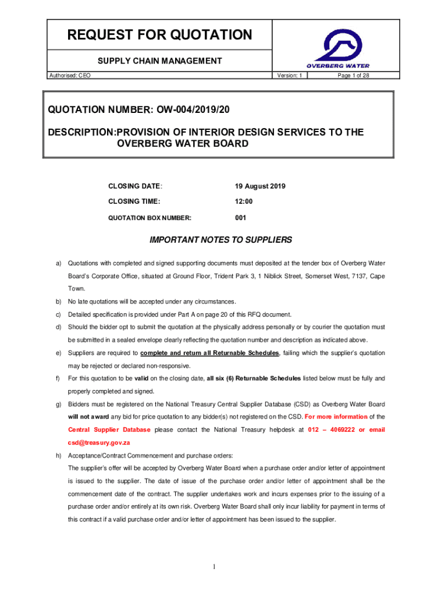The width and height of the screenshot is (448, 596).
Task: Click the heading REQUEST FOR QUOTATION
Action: (160, 35)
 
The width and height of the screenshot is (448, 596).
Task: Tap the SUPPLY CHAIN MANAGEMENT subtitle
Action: (159, 61)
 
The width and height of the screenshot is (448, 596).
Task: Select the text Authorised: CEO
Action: (70, 76)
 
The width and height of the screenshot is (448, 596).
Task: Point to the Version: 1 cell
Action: (289, 76)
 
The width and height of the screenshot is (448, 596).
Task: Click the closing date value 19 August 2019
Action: (260, 186)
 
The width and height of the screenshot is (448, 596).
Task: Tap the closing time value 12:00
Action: (244, 201)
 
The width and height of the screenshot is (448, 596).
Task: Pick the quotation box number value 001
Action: (241, 218)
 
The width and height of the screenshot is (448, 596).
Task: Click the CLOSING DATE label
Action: (135, 186)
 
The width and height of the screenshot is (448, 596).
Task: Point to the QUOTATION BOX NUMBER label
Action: (150, 218)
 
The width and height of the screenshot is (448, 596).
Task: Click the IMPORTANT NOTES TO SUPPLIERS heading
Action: (221, 240)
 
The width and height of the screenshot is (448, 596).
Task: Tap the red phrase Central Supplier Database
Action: (109, 430)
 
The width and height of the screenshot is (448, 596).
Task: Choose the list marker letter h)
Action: (59, 455)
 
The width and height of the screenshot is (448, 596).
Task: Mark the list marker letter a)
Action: (59, 263)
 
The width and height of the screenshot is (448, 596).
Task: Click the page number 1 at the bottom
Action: (214, 567)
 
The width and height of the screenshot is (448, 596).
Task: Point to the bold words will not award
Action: (88, 417)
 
